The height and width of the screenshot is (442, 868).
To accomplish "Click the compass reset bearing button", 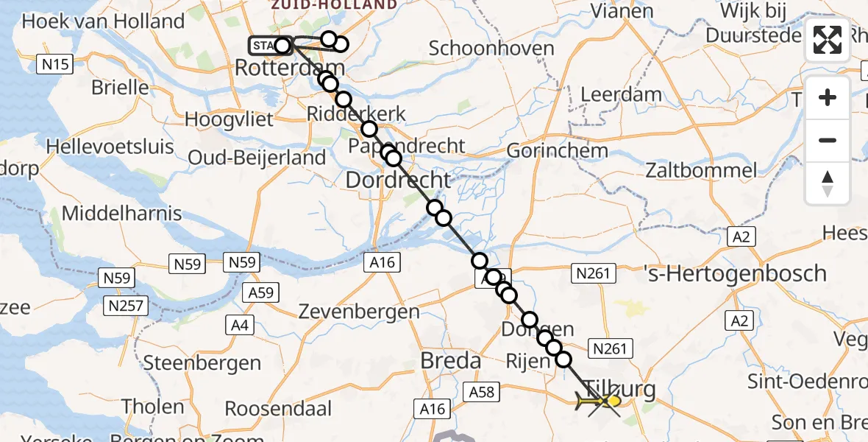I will (x=828, y=183).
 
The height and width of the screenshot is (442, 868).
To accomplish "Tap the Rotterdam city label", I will (x=279, y=68).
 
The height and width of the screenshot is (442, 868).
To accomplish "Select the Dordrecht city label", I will (x=397, y=180).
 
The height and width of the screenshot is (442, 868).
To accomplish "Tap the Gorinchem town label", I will (x=558, y=151).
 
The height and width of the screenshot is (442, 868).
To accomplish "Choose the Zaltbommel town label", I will (x=700, y=170).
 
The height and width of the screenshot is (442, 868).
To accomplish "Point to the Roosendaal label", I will (x=278, y=408).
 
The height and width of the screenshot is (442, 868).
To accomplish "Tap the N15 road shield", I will (x=55, y=65).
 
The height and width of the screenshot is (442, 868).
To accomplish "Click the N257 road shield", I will (x=127, y=305).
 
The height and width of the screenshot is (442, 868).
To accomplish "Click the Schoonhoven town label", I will (x=491, y=49).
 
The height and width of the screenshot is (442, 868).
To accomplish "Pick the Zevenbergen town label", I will (x=359, y=312).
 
